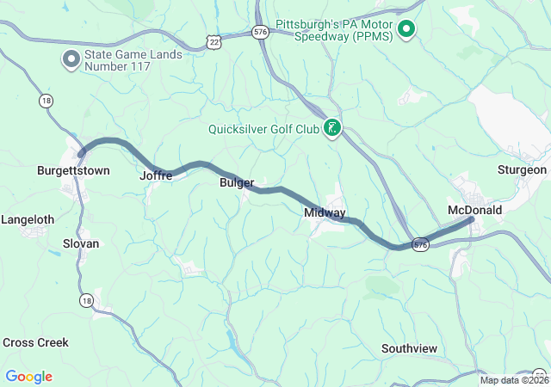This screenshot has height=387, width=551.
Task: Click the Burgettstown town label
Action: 73,170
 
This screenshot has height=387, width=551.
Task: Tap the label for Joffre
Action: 156,175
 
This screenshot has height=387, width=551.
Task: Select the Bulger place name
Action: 237,183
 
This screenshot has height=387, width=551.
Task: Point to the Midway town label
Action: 325,212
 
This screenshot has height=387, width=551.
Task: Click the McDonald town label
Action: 474,210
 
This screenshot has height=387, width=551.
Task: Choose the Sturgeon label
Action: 522,169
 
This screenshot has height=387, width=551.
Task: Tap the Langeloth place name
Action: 28,219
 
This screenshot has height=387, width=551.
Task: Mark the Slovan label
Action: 81,243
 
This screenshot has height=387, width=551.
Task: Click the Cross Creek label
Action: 35,342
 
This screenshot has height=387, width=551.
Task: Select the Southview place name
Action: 409,348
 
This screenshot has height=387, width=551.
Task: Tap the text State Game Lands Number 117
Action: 133,61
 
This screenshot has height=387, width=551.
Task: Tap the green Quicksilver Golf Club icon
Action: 331,129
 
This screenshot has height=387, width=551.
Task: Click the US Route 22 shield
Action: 213,41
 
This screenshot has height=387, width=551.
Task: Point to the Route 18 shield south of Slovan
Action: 85,299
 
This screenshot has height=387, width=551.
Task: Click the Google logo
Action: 28,377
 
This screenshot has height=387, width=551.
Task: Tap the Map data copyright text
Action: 514,380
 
